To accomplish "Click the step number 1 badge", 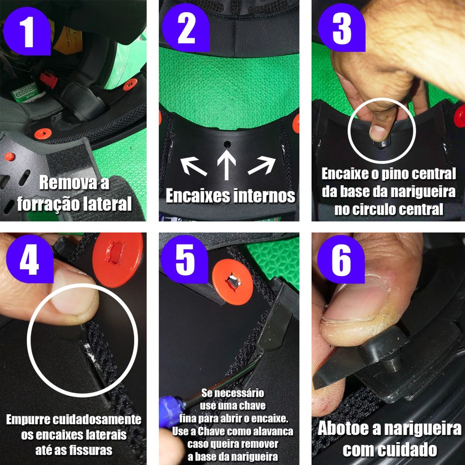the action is click(x=28, y=31).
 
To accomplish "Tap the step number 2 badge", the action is click(x=186, y=28).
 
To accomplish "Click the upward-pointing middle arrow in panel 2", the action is click(x=227, y=165).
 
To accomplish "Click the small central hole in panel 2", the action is click(x=228, y=145).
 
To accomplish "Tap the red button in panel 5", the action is click(x=232, y=282).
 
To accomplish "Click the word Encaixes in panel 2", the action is click(x=197, y=196).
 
